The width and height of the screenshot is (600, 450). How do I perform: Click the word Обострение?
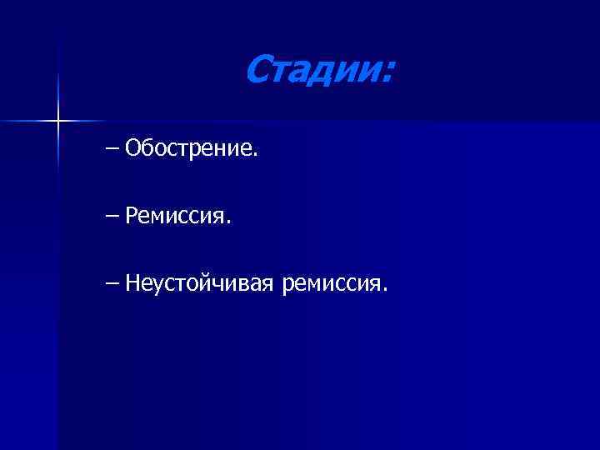pos(189,149)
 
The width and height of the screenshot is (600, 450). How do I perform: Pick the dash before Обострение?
pos(112,149)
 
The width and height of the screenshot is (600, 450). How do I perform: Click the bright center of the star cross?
pos(57,122)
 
